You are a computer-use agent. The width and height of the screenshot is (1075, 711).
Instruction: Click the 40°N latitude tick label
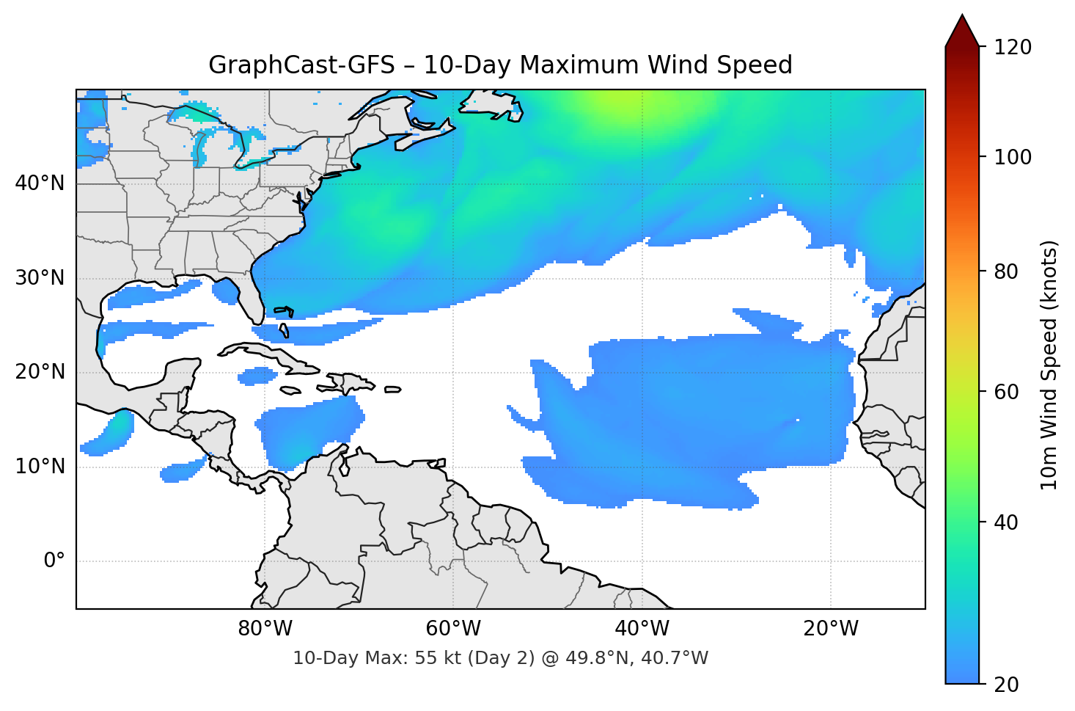[40, 183]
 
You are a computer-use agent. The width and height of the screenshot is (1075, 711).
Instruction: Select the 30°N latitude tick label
[40, 278]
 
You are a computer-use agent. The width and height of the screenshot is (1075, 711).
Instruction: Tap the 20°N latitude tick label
[40, 372]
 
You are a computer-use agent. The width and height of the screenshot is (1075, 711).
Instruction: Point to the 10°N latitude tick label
[40, 467]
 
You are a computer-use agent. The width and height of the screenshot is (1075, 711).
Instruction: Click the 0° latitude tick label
[54, 561]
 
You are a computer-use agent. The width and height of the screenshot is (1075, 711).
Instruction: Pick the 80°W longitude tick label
[265, 629]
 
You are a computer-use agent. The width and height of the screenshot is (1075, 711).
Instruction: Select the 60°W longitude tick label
[453, 629]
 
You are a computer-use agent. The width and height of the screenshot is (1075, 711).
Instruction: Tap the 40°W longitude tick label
[642, 629]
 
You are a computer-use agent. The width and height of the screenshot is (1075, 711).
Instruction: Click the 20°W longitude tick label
[830, 629]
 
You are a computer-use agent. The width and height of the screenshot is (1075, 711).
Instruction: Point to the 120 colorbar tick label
[1013, 48]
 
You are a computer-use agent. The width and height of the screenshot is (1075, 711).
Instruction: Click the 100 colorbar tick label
[1013, 158]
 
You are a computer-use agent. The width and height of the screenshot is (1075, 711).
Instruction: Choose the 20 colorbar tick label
[1006, 685]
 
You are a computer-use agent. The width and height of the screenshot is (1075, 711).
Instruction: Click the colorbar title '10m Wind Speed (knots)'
[1049, 365]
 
